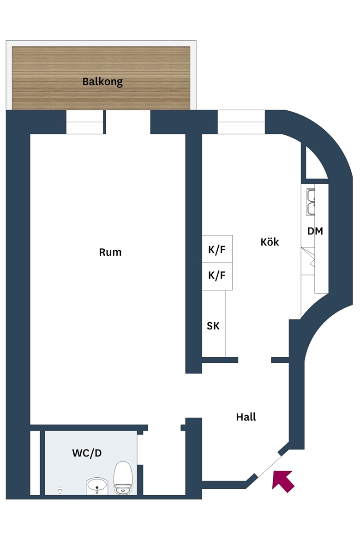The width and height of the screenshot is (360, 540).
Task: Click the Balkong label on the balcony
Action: pos(102,82)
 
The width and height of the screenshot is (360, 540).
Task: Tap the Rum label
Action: pos(110,252)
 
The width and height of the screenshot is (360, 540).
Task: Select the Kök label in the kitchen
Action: pos(270,242)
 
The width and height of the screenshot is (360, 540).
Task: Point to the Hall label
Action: pos(246,417)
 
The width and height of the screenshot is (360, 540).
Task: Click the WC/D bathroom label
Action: pos(87,453)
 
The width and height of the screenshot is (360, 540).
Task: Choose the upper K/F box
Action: pos(217,249)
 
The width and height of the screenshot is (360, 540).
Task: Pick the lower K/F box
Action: pos(217,276)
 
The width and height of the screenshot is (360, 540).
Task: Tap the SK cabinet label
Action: pos(213,326)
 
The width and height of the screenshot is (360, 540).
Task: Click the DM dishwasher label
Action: pos(315,231)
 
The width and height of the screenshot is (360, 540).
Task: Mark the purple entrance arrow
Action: pos(283,481)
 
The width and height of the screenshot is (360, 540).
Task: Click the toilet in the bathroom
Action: pos(123,478)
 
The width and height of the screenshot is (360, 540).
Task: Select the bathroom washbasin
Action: pos(97,486)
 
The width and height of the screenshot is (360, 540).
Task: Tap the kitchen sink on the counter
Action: pos(311,202)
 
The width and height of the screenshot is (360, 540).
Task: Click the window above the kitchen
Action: pos(241,122)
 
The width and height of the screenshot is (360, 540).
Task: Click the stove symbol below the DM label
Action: pos(308,261)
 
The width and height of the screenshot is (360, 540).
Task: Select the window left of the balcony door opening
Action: pos(85,122)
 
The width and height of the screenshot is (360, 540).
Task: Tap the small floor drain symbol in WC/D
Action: pos(60,490)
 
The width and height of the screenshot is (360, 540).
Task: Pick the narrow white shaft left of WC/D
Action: pos(35,462)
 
